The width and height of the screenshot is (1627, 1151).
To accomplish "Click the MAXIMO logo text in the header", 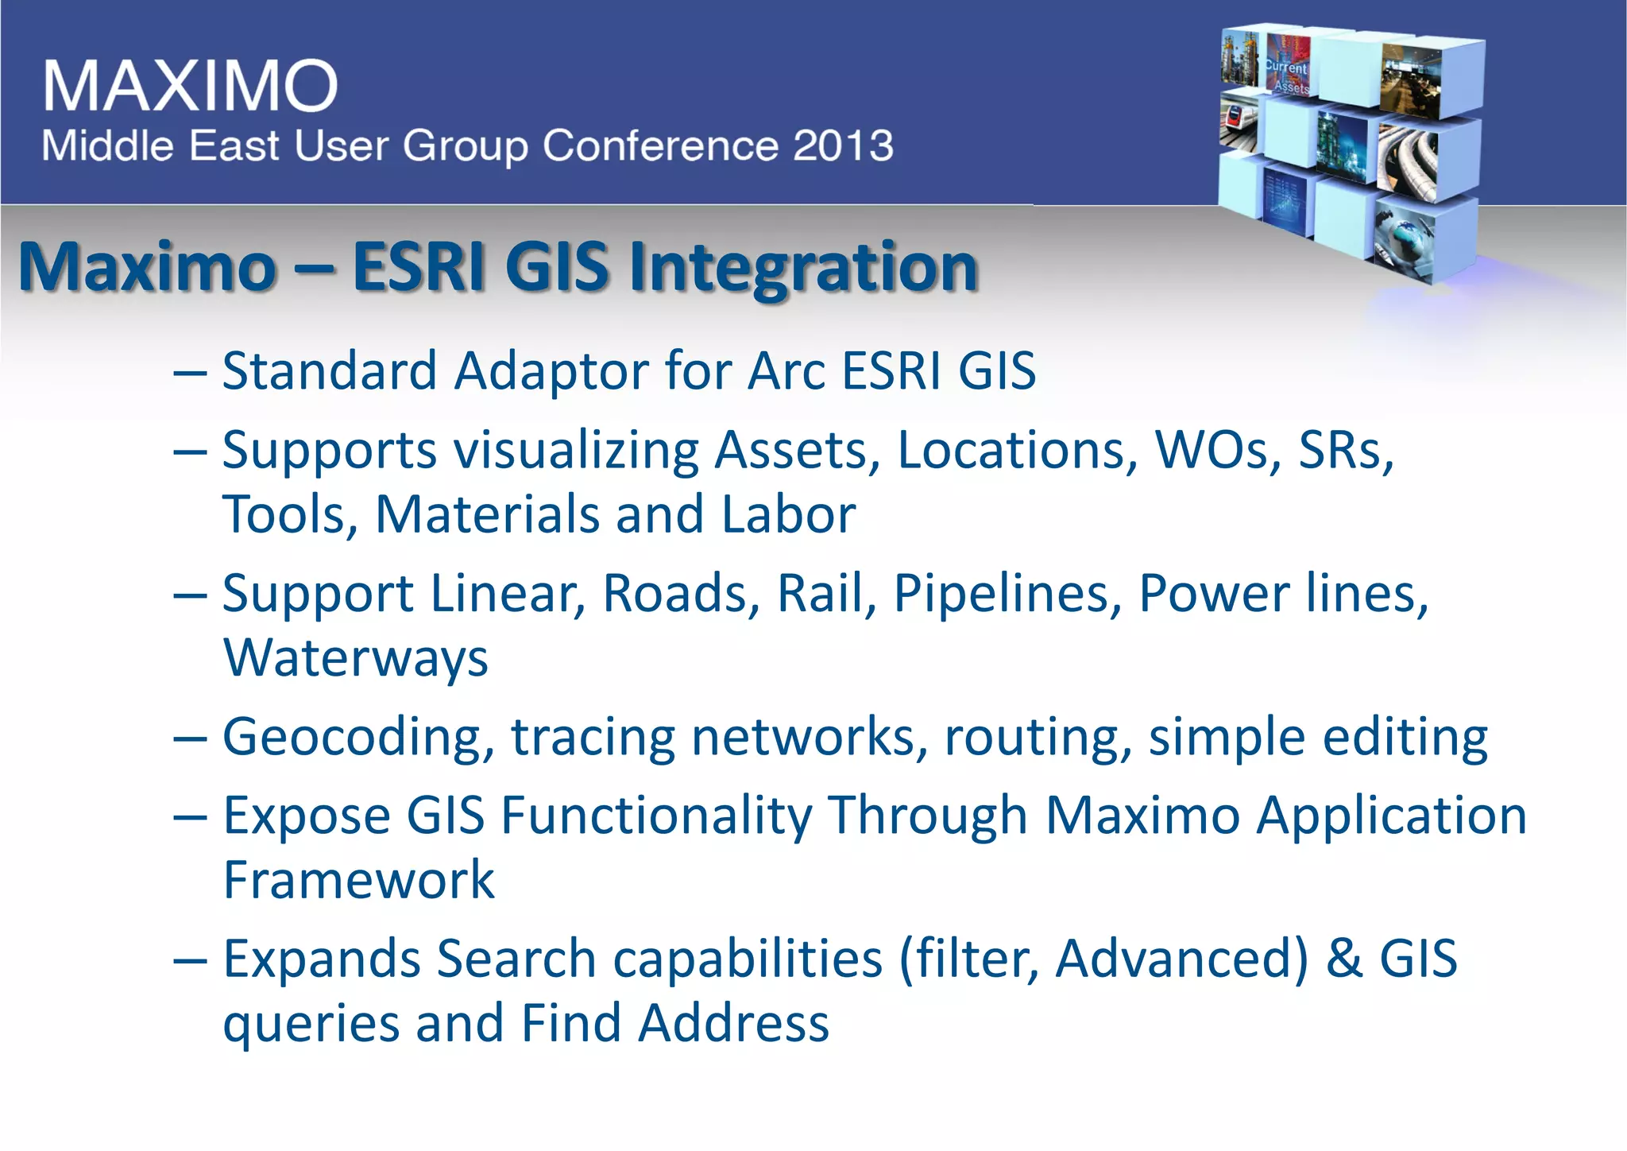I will coord(191,86).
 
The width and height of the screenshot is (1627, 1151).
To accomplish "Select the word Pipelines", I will coord(1007,594).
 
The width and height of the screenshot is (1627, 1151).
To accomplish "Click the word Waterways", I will coord(355,658).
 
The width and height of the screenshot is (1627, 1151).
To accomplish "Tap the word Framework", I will coord(358,881).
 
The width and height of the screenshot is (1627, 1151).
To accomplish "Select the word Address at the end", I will coord(734,1024).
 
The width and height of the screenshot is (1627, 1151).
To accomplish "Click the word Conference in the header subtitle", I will coord(659,146).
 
